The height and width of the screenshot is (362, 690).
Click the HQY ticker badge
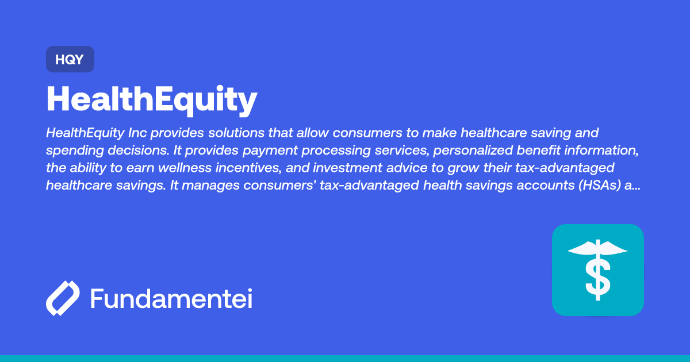point(70,59)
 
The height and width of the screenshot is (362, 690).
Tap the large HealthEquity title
point(152,100)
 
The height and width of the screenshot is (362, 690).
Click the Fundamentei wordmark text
point(171,299)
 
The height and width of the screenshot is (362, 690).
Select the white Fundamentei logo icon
point(62,299)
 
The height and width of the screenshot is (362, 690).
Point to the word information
point(604,151)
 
